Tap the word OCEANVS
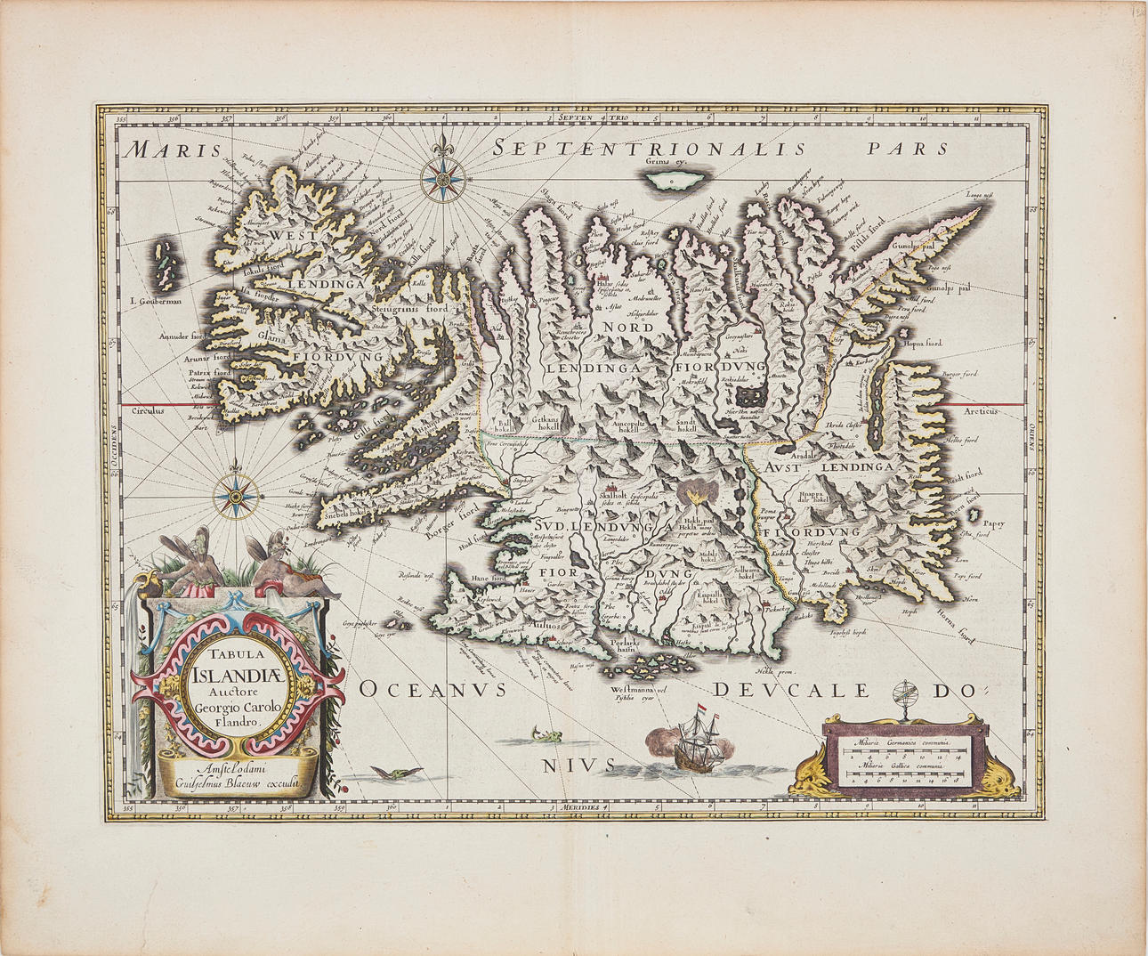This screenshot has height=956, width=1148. [x=433, y=689]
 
